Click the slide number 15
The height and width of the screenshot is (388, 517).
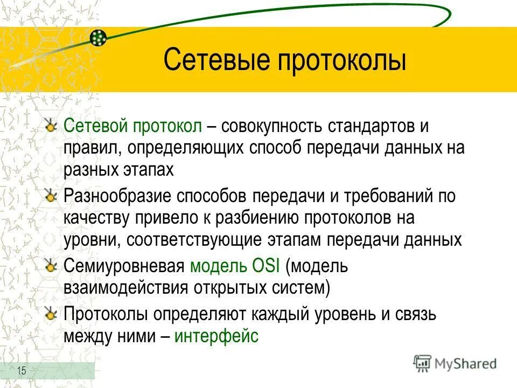pyautogui.click(x=22, y=370)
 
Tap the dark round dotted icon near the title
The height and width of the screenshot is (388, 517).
pyautogui.click(x=98, y=38)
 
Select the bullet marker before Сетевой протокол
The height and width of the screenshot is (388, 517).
pyautogui.click(x=51, y=126)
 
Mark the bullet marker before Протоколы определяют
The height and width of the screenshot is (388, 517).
pyautogui.click(x=51, y=313)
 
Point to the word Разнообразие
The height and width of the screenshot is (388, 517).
pyautogui.click(x=118, y=196)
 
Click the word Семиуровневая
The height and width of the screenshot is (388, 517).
pyautogui.click(x=124, y=266)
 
